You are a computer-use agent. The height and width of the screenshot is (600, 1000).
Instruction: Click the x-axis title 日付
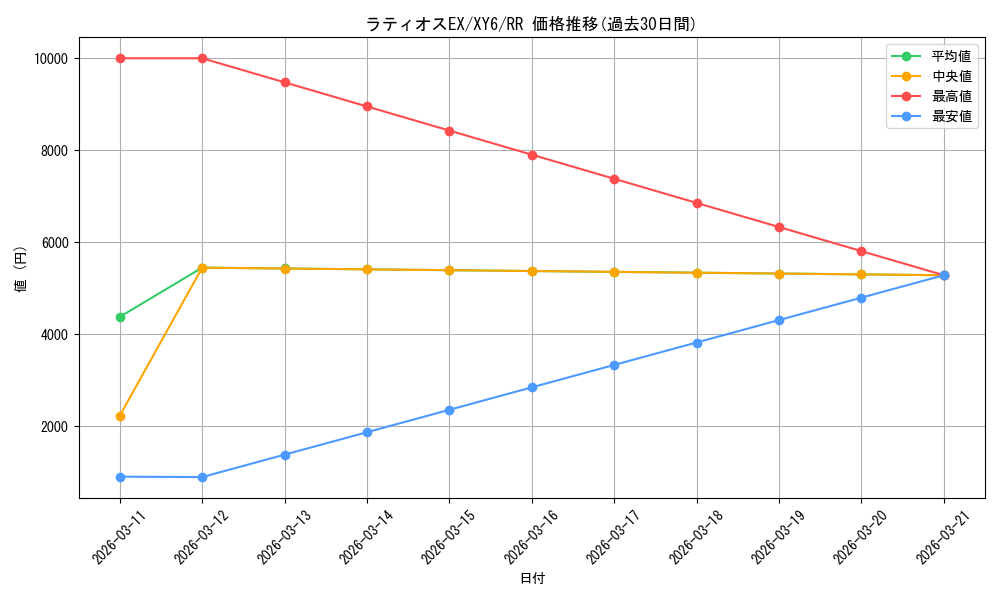[532, 578]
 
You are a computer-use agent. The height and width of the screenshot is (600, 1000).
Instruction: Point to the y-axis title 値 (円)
[21, 269]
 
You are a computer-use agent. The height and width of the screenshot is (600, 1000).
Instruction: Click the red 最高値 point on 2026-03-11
[120, 58]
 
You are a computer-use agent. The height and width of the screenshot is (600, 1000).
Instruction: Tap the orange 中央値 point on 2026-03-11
[120, 416]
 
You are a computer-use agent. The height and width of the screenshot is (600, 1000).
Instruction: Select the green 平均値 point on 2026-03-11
[120, 317]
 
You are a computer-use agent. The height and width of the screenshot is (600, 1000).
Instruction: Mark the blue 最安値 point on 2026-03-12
[202, 477]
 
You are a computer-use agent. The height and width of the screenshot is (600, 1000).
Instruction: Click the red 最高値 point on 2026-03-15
[449, 131]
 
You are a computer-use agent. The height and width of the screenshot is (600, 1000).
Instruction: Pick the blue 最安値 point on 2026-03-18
[697, 343]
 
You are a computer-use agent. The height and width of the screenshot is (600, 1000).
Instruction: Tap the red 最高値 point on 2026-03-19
[779, 227]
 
